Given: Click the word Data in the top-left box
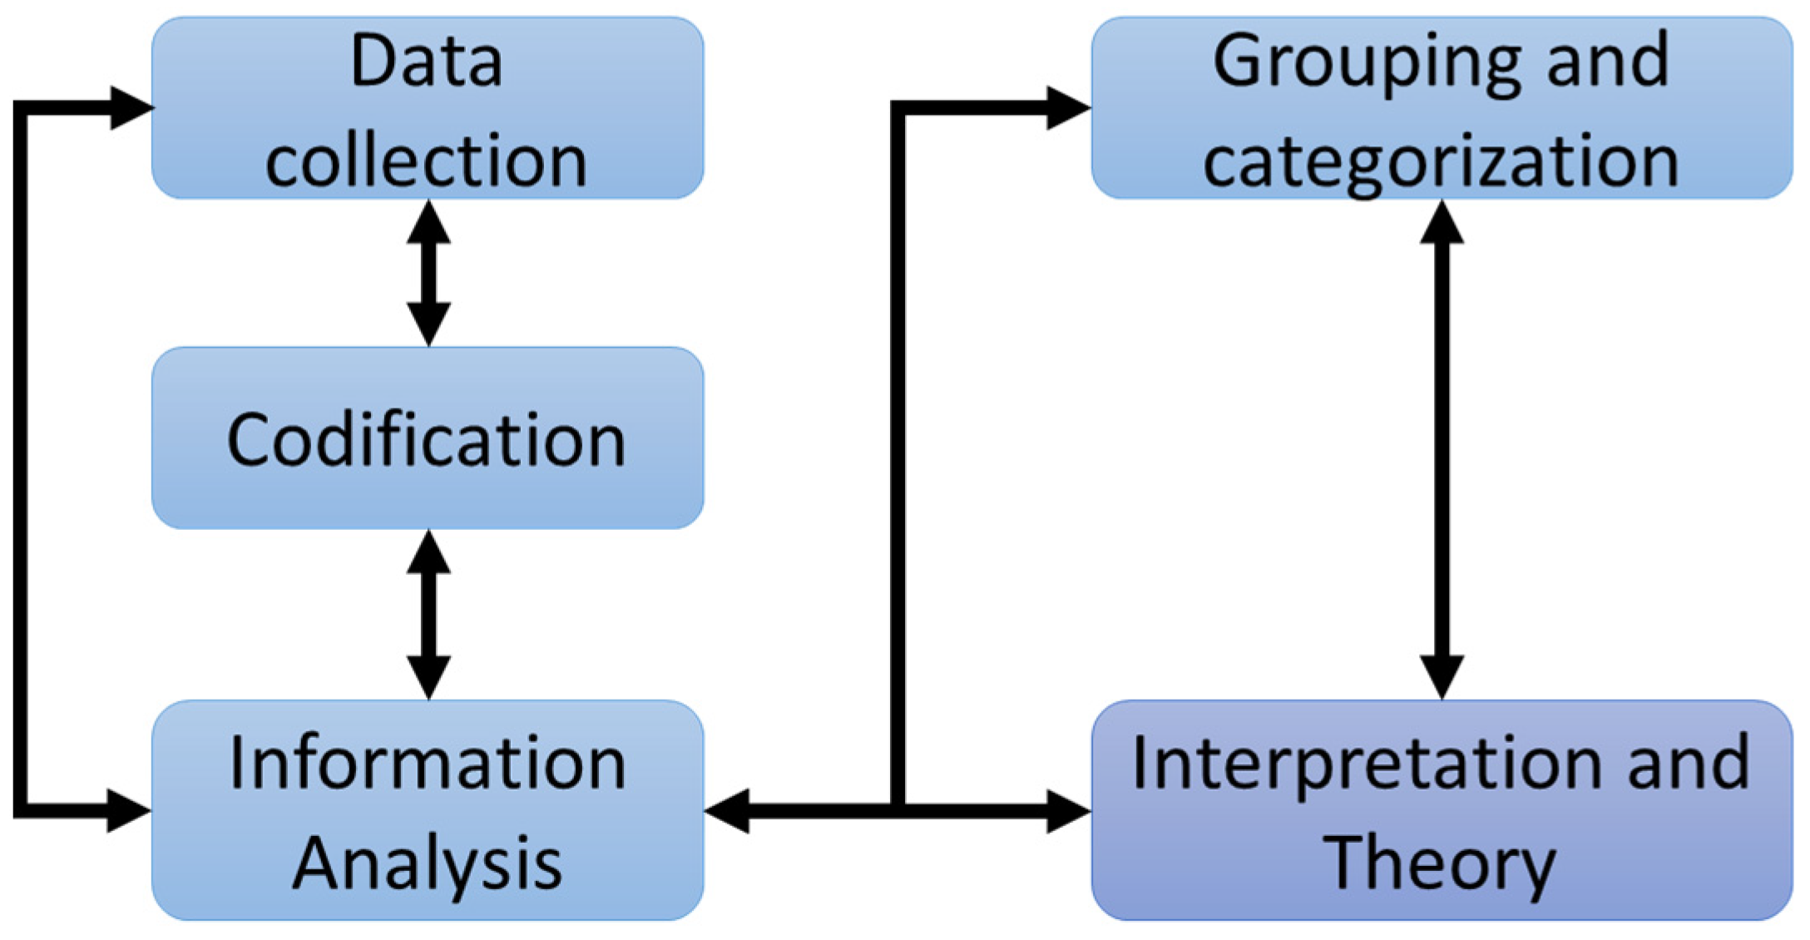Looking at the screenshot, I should point(427,61).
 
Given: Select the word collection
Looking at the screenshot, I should point(427,160).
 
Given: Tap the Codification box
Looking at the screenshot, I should point(427,439).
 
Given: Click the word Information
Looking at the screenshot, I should point(427,763).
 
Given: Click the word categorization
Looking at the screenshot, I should point(1441,160).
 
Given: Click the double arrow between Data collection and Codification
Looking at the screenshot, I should point(428,273).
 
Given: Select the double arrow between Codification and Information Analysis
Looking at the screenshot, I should point(428,614).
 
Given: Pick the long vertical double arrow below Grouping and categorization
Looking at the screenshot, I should point(1442,449).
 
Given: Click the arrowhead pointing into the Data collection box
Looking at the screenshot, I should point(131,107).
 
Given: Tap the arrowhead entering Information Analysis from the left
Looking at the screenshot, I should point(129,810).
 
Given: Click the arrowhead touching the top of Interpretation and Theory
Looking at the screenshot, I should point(1442,675).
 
